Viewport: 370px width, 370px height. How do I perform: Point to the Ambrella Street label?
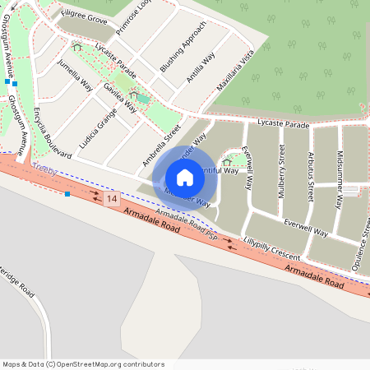(160, 144)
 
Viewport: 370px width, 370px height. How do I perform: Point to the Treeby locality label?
(43, 168)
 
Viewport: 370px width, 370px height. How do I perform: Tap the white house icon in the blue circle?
(185, 178)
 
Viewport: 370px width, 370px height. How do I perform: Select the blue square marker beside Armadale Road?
(67, 194)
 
